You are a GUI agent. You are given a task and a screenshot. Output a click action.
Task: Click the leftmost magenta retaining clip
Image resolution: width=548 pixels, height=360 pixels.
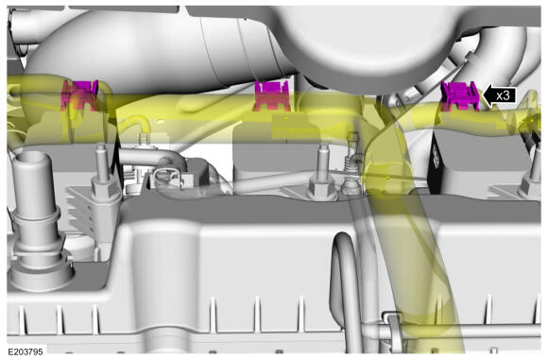pos(80,95)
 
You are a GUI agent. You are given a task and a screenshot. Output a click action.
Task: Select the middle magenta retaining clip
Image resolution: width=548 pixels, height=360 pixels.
pos(272,95)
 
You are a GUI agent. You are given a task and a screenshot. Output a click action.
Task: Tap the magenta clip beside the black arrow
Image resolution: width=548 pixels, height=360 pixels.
pos(459,96)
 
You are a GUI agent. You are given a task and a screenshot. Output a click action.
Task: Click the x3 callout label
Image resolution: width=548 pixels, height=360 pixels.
pos(503,95)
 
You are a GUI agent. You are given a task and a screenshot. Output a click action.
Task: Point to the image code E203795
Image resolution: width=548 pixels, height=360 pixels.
pos(26,351)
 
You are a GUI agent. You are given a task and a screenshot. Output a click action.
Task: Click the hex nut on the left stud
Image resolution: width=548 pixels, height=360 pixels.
pos(102,189)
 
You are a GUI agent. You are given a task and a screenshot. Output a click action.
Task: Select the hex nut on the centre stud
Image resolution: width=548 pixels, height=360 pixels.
pos(322,188)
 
